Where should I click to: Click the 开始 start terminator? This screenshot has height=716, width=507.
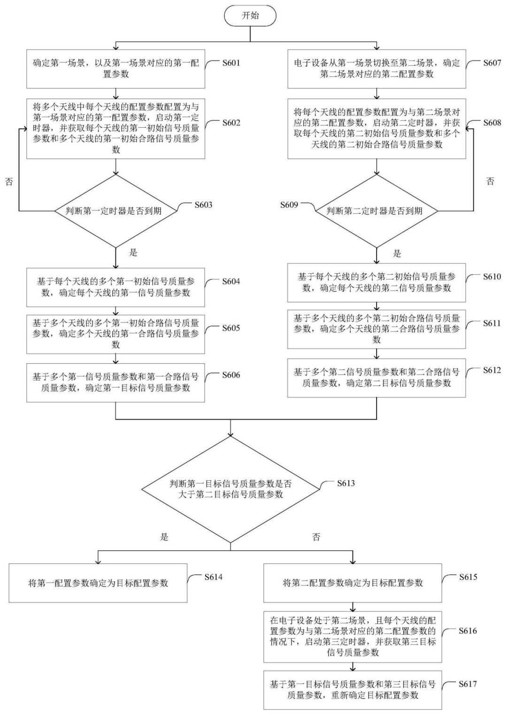pyautogui.click(x=250, y=15)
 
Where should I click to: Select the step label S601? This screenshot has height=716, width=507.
pyautogui.click(x=231, y=62)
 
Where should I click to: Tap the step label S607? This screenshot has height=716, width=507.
pyautogui.click(x=492, y=62)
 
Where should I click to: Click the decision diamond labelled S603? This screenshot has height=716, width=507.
pyautogui.click(x=116, y=211)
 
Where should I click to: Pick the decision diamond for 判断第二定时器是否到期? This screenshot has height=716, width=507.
pyautogui.click(x=376, y=211)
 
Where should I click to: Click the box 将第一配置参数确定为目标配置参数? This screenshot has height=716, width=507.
pyautogui.click(x=98, y=583)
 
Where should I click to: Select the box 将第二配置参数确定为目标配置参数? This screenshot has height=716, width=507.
pyautogui.click(x=353, y=583)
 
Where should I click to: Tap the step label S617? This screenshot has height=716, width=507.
pyautogui.click(x=468, y=684)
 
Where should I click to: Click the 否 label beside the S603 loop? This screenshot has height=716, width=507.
pyautogui.click(x=9, y=182)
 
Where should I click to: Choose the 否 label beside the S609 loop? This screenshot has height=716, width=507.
pyautogui.click(x=490, y=181)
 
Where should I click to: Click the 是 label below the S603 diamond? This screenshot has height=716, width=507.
pyautogui.click(x=133, y=253)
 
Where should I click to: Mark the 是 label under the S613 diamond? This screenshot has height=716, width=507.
pyautogui.click(x=164, y=537)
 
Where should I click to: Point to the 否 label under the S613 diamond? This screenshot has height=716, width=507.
pyautogui.click(x=316, y=537)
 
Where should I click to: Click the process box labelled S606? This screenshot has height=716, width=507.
pyautogui.click(x=115, y=383)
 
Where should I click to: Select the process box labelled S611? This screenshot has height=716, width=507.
pyautogui.click(x=376, y=329)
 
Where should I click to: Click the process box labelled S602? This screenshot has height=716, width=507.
pyautogui.click(x=116, y=129)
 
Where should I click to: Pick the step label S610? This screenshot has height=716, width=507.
pyautogui.click(x=492, y=277)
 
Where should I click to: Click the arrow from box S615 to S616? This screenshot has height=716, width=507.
pyautogui.click(x=353, y=607)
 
